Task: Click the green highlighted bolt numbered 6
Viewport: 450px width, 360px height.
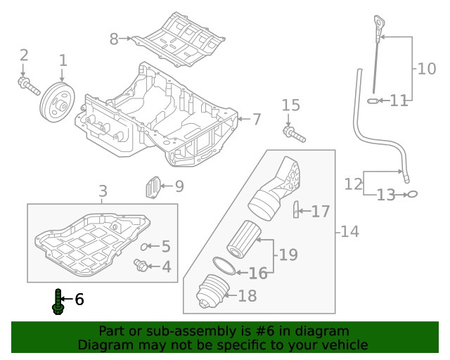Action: tap(58, 302)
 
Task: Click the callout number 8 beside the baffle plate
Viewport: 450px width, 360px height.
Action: tap(114, 39)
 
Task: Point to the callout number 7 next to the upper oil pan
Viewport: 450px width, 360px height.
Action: tap(256, 120)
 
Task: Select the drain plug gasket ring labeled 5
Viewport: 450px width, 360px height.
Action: tap(146, 247)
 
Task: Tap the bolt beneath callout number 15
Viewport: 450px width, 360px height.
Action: tap(291, 132)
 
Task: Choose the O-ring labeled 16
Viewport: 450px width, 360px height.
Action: tap(223, 266)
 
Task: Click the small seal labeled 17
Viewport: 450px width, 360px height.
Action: tap(296, 210)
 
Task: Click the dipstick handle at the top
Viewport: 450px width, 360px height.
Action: tap(380, 26)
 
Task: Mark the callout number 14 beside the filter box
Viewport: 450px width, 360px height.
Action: tap(349, 231)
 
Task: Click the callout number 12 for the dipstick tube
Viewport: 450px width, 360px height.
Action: tap(354, 184)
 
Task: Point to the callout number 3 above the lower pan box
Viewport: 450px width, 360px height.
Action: tap(103, 191)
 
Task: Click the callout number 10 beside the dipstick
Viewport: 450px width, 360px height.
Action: tap(426, 69)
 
